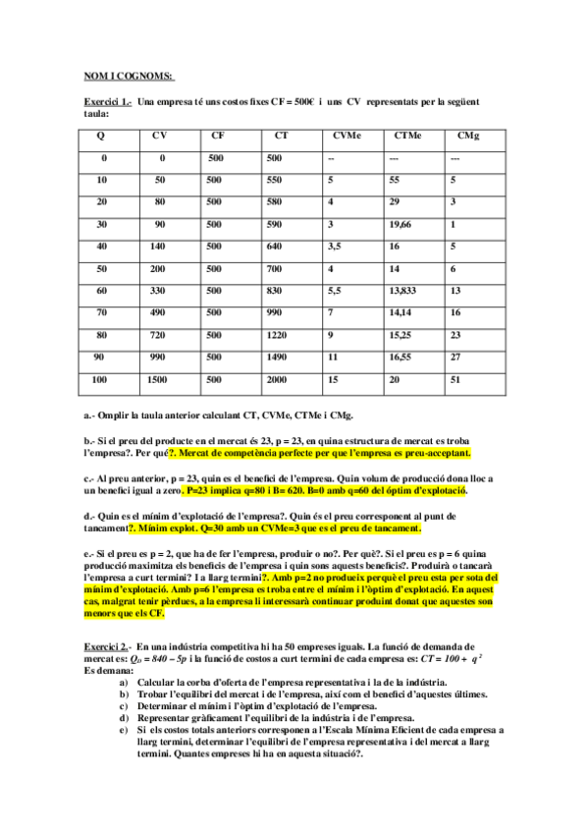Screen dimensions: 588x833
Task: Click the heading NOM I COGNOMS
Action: (x=128, y=77)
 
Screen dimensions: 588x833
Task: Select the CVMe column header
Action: (x=346, y=136)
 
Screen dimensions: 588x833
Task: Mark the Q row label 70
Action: (x=102, y=312)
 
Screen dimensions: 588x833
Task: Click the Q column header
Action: (x=102, y=136)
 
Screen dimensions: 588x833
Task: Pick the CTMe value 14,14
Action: (x=401, y=312)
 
